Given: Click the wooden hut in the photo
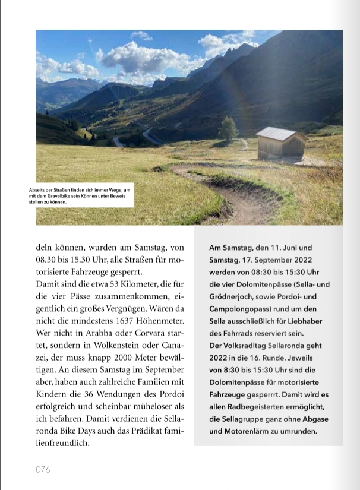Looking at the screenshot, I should click(x=281, y=147).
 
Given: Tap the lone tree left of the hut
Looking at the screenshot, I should click(x=228, y=129).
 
